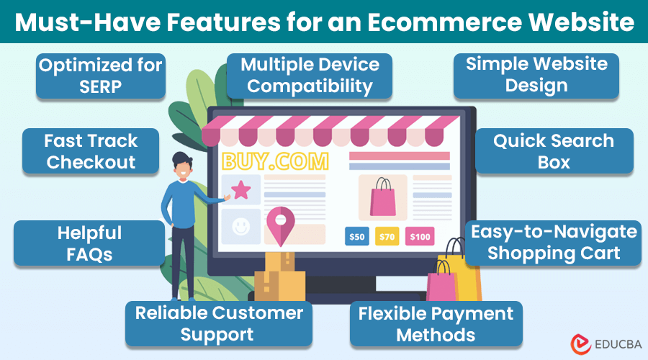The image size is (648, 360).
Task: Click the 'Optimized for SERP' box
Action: point(100,76)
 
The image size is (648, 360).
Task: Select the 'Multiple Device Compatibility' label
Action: point(310,76)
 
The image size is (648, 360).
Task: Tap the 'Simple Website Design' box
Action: point(536,74)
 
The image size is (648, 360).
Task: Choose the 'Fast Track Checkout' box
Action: point(91,151)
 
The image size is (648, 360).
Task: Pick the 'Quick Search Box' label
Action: point(554,151)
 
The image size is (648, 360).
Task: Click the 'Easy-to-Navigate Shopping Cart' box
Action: point(554,243)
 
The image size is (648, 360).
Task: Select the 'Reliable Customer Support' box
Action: point(219,323)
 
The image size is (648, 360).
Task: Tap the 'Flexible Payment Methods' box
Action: point(436,323)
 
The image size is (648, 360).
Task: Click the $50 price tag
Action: point(357,236)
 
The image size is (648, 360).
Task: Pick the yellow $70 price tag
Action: point(387,236)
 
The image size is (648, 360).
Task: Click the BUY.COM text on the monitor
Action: point(275,160)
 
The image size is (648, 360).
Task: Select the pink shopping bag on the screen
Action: point(382,197)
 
